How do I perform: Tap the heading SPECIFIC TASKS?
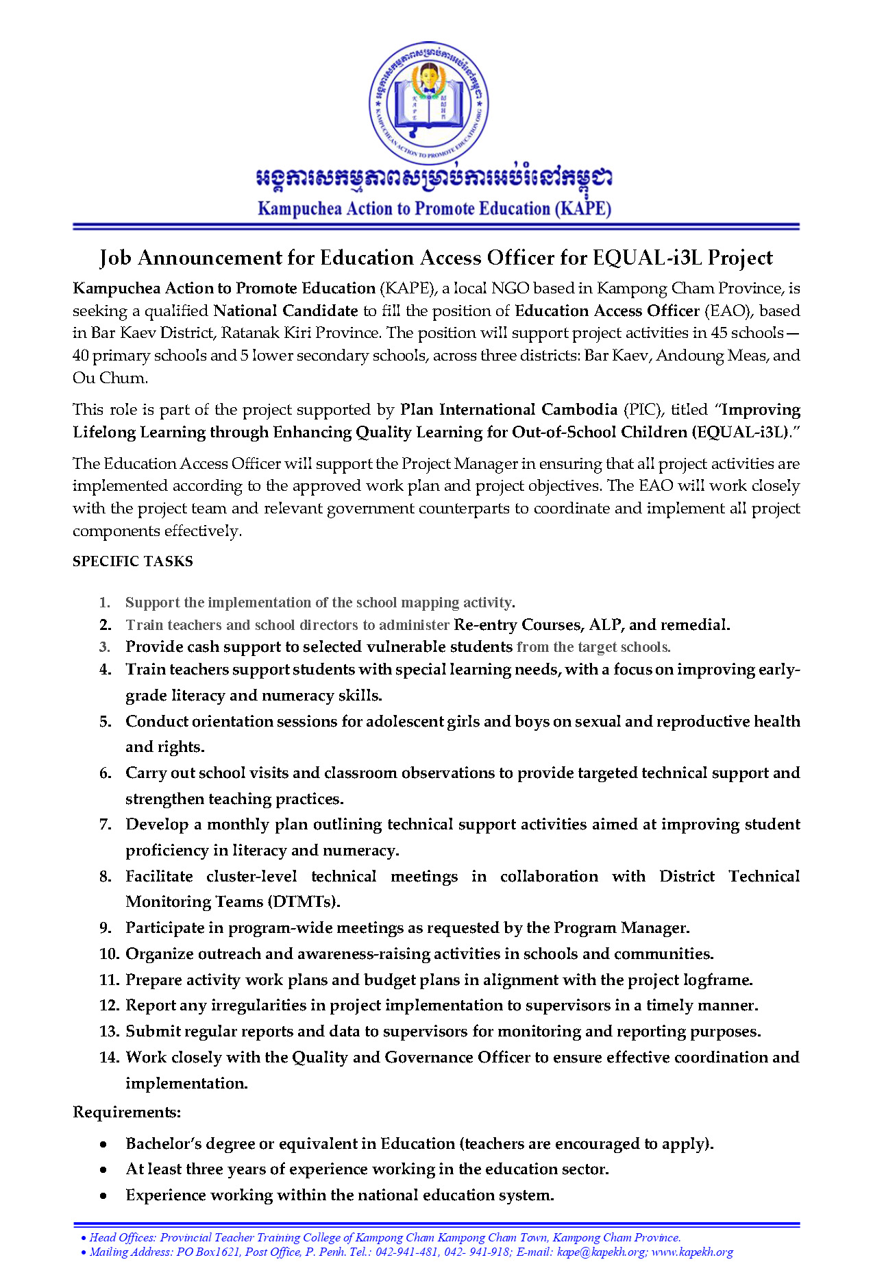click(133, 561)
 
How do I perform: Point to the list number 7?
click(105, 825)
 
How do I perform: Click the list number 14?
click(109, 1058)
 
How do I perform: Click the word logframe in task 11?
click(717, 980)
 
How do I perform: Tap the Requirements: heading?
click(127, 1112)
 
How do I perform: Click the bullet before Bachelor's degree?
click(103, 1145)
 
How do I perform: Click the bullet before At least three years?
click(103, 1170)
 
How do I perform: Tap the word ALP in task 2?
click(604, 625)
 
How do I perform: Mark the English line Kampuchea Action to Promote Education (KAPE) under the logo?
click(434, 209)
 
